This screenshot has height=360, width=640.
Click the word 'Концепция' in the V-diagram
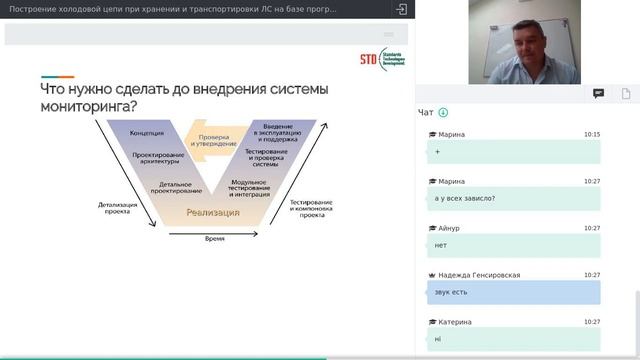(146, 133)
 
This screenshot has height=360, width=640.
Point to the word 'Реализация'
(212, 212)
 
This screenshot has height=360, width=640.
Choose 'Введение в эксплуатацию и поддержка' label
(277, 133)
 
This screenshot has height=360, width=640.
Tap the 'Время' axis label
(214, 239)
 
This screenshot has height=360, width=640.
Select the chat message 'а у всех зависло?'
(465, 197)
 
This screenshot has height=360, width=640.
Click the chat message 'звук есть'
(452, 292)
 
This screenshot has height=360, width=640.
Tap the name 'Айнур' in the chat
(448, 228)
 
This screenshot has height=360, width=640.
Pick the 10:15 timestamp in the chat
(592, 134)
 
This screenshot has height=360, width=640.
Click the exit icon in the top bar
(401, 9)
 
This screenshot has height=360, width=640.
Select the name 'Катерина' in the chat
(454, 322)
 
